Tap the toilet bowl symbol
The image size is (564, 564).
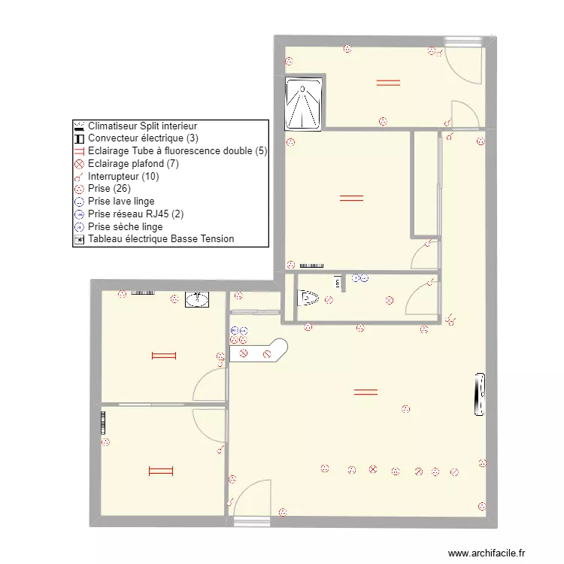[x=308, y=299]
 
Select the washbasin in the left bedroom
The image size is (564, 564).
[x=197, y=299]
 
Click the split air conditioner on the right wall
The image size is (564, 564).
[x=479, y=394]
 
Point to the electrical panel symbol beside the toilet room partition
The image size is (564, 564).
[x=338, y=282]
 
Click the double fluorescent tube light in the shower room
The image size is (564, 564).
[x=388, y=83]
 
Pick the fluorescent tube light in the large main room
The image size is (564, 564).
[x=365, y=391]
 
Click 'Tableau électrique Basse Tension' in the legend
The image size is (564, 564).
[x=160, y=239]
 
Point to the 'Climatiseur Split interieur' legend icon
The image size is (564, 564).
[x=78, y=126]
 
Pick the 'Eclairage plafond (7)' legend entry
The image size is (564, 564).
[x=132, y=163]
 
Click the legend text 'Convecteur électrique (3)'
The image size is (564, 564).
[x=143, y=138]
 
